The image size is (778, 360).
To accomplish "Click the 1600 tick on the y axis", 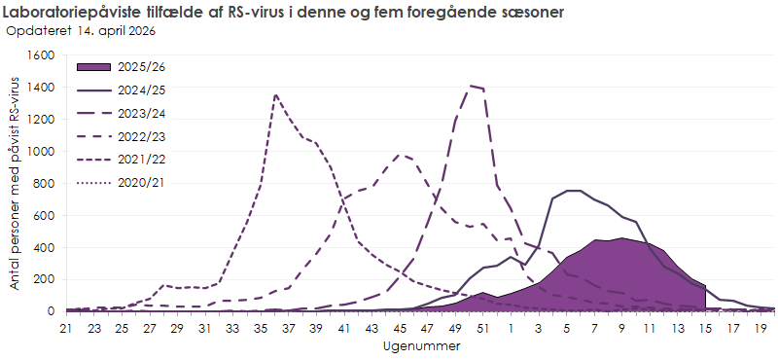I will [42, 56].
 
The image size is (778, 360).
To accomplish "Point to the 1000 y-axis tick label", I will [42, 152].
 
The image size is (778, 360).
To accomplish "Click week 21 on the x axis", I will [66, 329].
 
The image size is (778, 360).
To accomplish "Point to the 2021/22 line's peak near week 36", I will [276, 94].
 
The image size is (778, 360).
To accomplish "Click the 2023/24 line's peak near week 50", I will [471, 86].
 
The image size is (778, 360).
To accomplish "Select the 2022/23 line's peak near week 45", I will [402, 154].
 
